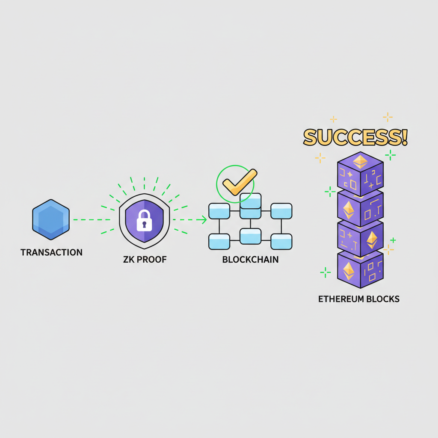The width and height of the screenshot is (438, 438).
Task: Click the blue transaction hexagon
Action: click(51, 219)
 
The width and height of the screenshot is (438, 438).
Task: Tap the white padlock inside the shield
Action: click(144, 220)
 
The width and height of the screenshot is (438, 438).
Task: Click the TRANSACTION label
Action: click(51, 252)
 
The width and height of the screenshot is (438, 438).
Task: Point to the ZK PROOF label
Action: click(145, 260)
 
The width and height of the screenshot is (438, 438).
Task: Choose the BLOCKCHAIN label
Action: click(251, 260)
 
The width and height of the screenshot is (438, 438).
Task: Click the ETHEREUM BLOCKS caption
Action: click(359, 299)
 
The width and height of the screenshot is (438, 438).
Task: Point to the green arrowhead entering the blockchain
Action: click(204, 220)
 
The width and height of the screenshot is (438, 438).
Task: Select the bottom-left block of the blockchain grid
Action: click(219, 242)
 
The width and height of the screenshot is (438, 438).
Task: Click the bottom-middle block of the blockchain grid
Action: click(250, 236)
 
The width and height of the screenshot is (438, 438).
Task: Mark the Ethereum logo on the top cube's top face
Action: click(360, 161)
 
